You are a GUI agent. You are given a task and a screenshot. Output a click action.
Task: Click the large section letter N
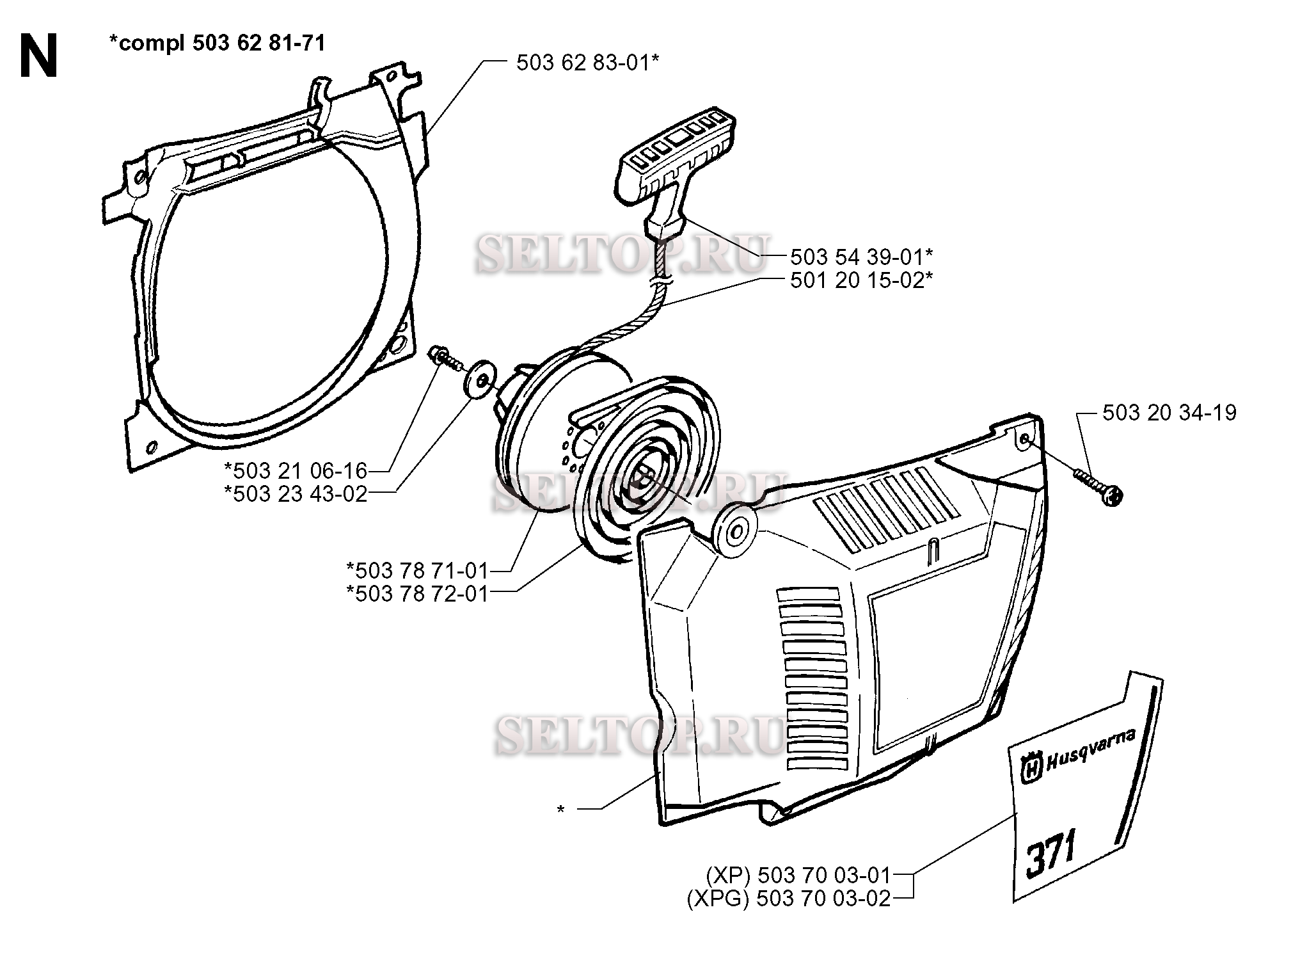click(x=39, y=56)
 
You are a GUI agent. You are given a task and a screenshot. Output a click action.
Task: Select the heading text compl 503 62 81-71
click(x=217, y=43)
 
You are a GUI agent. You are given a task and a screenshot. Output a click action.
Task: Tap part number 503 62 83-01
click(x=587, y=63)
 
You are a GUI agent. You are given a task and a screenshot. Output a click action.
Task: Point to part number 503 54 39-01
click(x=861, y=257)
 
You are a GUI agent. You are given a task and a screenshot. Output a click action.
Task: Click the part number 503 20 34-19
click(x=1169, y=412)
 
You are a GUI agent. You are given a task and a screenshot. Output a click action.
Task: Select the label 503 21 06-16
click(x=296, y=471)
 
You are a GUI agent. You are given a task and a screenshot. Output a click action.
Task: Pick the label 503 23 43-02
click(x=296, y=494)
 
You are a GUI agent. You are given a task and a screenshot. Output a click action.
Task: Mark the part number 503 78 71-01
click(x=417, y=570)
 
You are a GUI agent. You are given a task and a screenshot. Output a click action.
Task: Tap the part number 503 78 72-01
click(x=417, y=593)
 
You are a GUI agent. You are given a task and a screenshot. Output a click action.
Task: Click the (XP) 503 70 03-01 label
click(x=798, y=874)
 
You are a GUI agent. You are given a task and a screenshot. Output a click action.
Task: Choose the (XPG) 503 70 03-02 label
click(x=789, y=899)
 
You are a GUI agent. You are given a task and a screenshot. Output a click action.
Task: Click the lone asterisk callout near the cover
click(x=560, y=810)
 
